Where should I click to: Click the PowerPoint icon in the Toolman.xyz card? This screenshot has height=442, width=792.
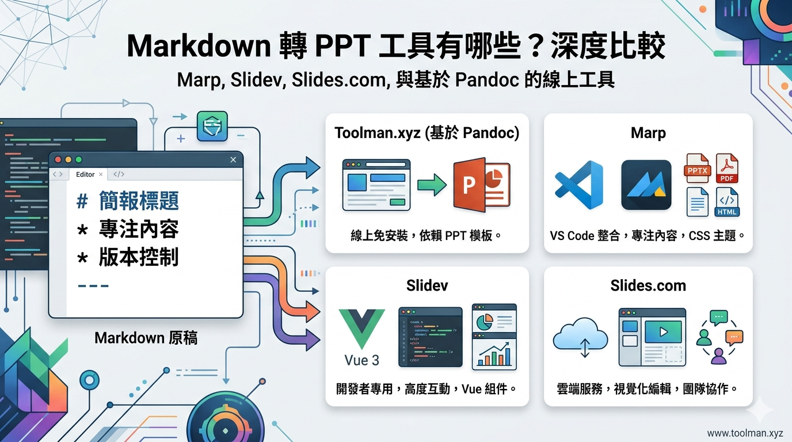pos(482,185)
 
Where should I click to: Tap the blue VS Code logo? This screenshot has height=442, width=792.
pos(579,185)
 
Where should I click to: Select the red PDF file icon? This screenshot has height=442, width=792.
pos(727,168)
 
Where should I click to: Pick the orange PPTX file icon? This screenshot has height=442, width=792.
pos(697,168)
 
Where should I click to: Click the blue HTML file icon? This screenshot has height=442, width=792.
pos(727,202)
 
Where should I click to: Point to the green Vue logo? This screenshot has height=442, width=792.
pos(361,329)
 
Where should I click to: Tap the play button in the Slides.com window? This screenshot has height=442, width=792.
pos(663,331)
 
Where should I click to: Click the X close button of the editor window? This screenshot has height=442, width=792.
pos(233,159)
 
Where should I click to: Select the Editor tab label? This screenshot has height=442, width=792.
pos(85,174)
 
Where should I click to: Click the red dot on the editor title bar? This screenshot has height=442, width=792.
pos(58,159)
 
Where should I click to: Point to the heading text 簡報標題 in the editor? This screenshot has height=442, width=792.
pos(139,200)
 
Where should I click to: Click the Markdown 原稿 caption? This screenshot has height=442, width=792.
pos(146,338)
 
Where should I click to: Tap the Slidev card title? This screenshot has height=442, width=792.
pos(427,285)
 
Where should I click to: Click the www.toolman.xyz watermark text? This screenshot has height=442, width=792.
pos(745,433)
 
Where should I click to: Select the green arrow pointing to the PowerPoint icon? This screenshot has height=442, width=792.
pos(432,185)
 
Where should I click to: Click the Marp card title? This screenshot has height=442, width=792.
pos(648,133)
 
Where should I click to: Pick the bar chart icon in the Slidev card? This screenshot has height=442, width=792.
pos(494,352)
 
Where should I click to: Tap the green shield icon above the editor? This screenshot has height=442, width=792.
pos(212,126)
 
